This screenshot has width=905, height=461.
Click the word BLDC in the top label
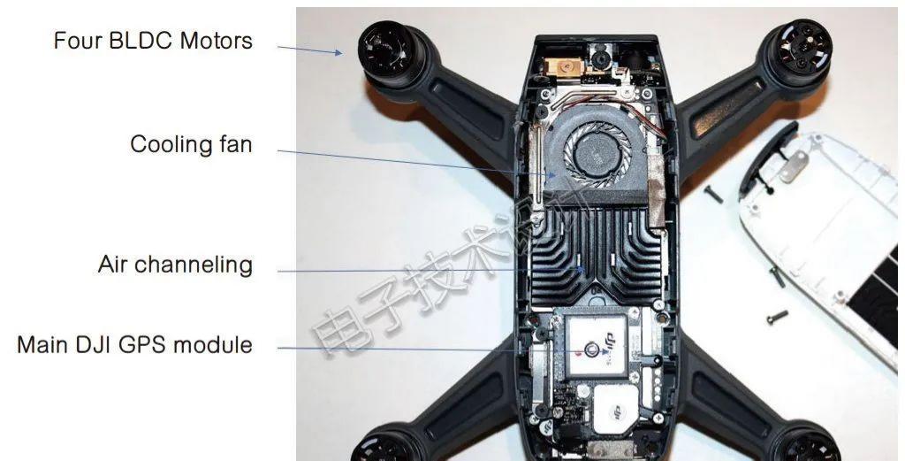[152, 41]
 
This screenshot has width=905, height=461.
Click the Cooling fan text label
[191, 144]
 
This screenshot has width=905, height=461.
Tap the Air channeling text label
[175, 265]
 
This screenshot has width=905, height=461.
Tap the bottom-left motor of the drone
[385, 446]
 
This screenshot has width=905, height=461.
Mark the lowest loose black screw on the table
[774, 317]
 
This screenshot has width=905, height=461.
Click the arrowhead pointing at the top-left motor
[338, 52]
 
